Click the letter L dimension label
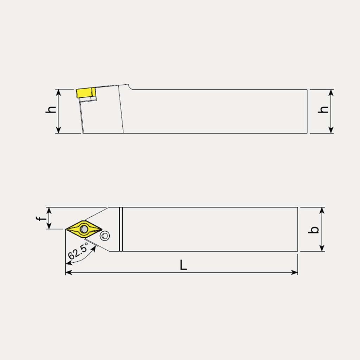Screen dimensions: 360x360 coord(183,265)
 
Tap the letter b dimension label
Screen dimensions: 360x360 coord(314,230)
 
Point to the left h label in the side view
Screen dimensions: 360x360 coord(51,110)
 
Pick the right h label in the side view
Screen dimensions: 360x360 coord(323,110)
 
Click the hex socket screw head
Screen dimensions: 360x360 coord(105,236)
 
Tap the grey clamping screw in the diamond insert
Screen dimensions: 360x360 coord(84,229)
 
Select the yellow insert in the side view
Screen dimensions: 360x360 coord(86,92)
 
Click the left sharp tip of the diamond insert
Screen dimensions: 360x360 coord(66,229)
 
